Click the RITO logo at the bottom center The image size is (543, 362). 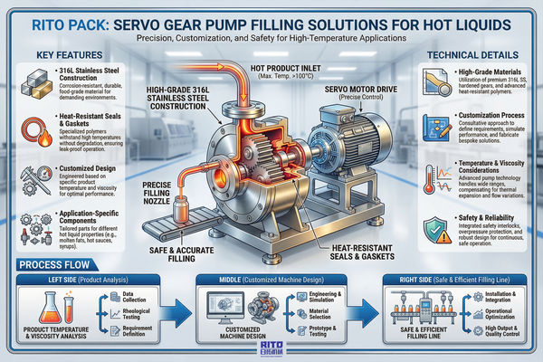pyautogui.click(x=271, y=347)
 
